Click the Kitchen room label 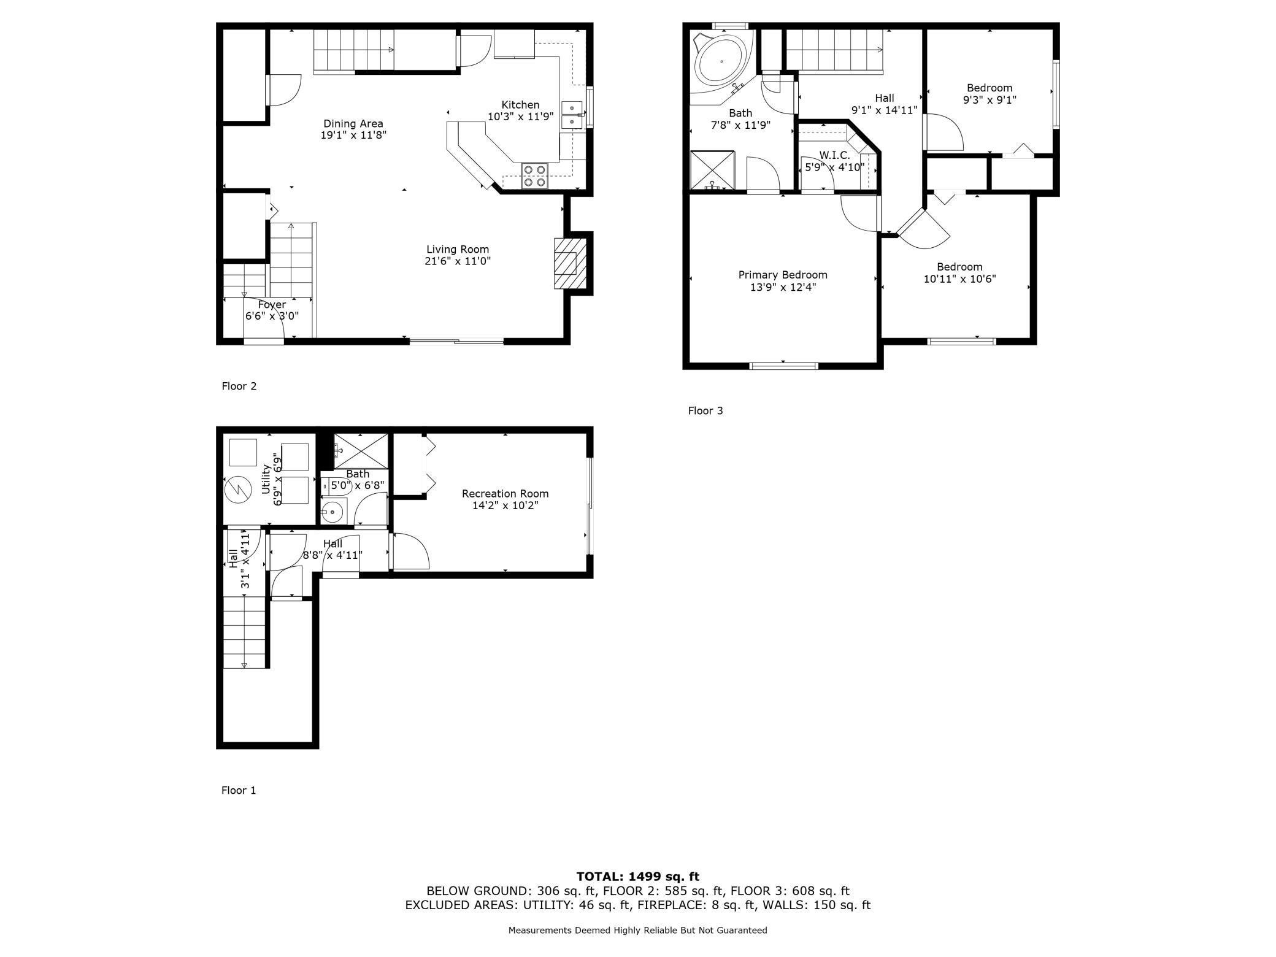[x=520, y=105]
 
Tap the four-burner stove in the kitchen [x=534, y=176]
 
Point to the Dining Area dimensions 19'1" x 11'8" [x=353, y=135]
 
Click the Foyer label [x=272, y=304]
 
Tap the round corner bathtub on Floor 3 [x=721, y=61]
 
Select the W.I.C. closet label [x=834, y=155]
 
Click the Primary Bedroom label [x=783, y=275]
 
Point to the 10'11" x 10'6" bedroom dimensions [x=959, y=279]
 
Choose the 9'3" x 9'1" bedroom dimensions [x=990, y=99]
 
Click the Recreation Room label [x=505, y=493]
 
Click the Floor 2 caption [x=239, y=386]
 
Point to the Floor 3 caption [x=705, y=410]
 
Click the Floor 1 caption [x=239, y=790]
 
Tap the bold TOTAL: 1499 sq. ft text [x=638, y=877]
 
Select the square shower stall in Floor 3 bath [x=712, y=171]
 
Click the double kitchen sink [x=572, y=115]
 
